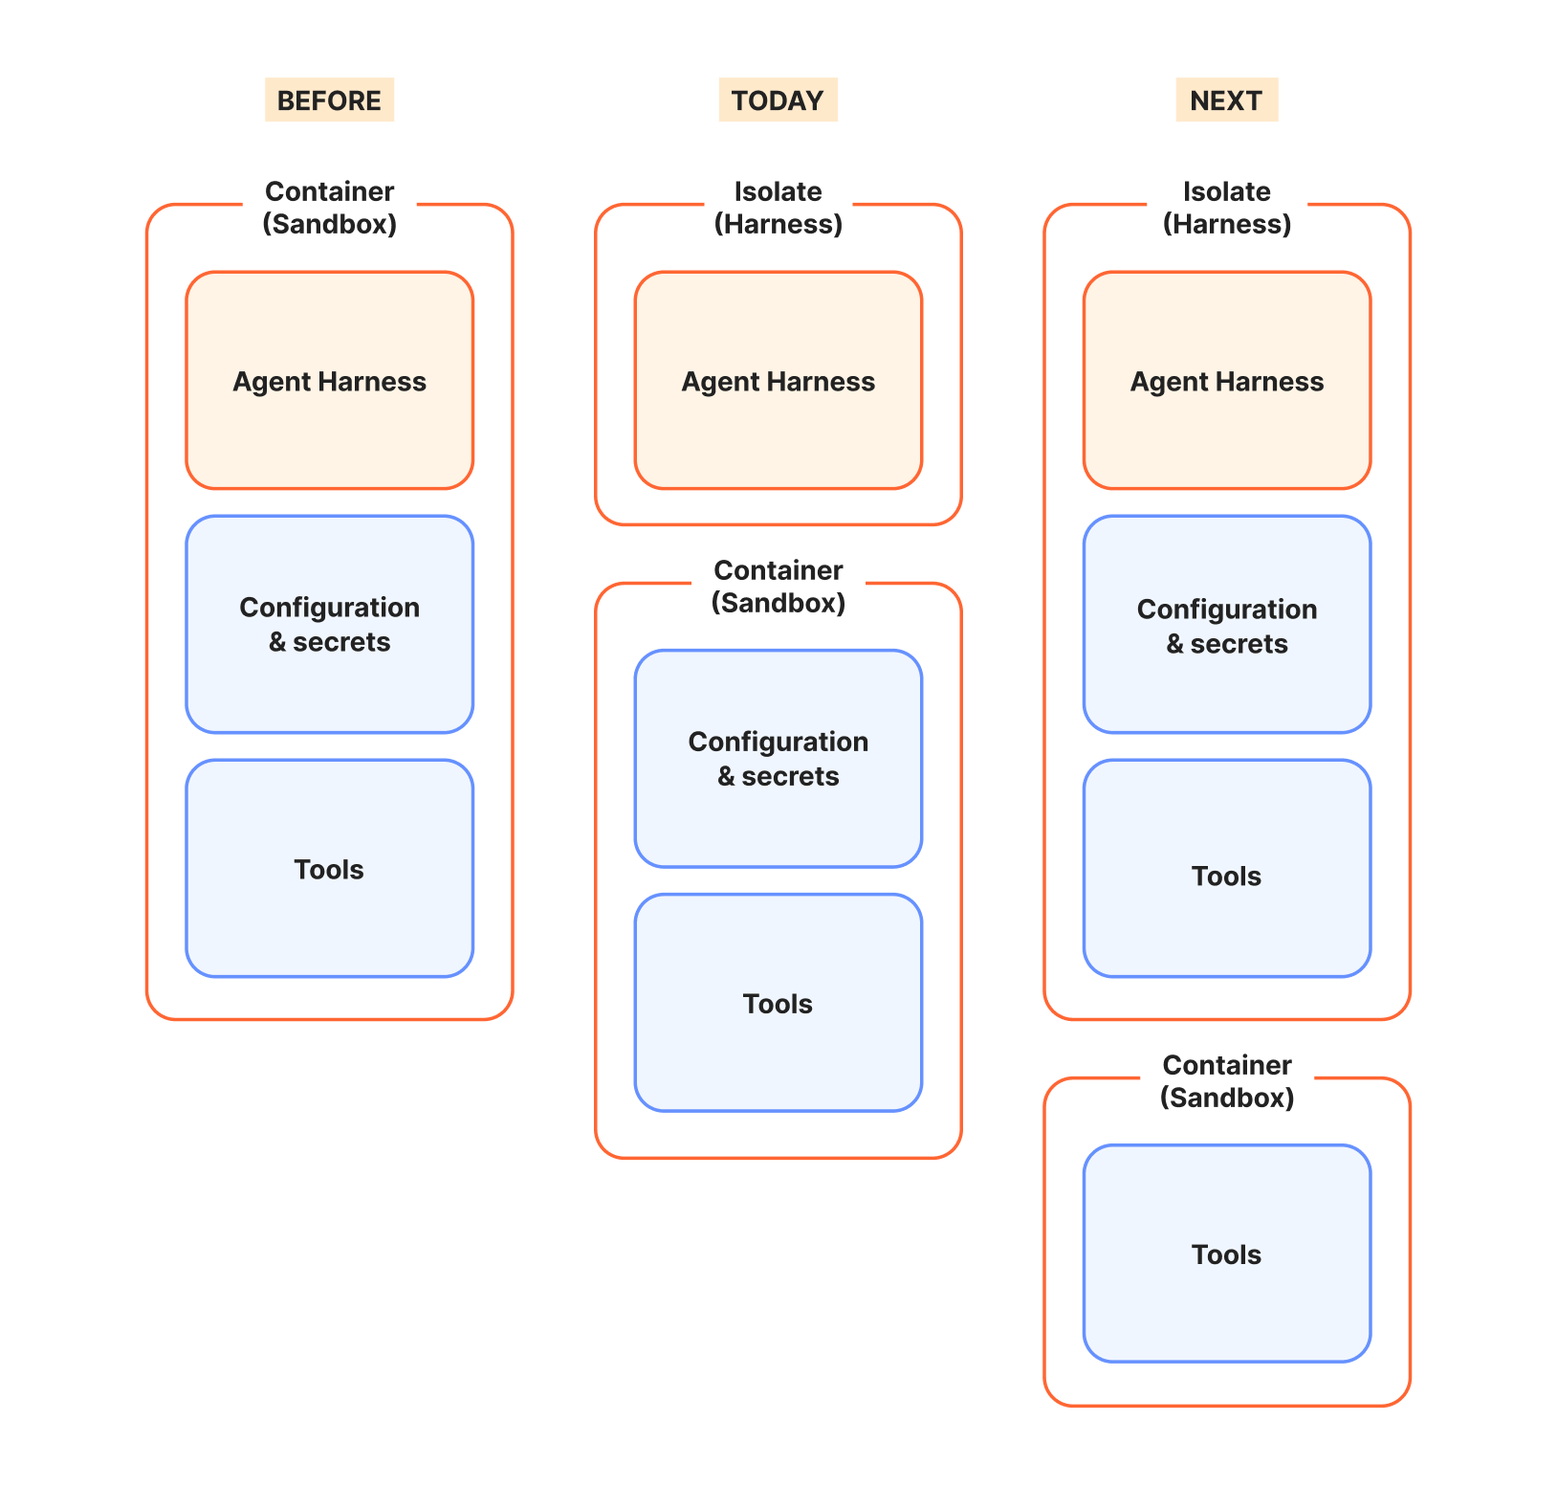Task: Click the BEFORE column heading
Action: (x=329, y=100)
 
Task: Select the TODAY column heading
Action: (x=778, y=100)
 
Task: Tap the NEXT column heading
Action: (x=1226, y=100)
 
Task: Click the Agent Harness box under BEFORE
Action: (x=329, y=381)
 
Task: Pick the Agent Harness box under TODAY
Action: (x=778, y=381)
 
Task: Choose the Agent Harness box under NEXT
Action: (x=1226, y=381)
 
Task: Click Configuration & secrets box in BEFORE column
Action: (x=329, y=625)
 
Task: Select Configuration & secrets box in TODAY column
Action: (x=778, y=759)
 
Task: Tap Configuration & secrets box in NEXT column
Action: (x=1226, y=625)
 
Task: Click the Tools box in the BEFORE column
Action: (x=329, y=869)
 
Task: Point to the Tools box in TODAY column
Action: (x=778, y=1003)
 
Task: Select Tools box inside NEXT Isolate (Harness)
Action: (x=1226, y=869)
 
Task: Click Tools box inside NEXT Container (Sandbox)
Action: (x=1226, y=1254)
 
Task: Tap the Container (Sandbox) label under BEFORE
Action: (x=329, y=208)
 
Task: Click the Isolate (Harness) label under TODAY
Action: (x=778, y=208)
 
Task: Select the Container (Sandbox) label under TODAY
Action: (x=778, y=587)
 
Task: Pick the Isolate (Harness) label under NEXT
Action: (x=1226, y=208)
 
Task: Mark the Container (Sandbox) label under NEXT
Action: (x=1226, y=1081)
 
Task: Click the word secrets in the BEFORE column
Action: (x=341, y=642)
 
